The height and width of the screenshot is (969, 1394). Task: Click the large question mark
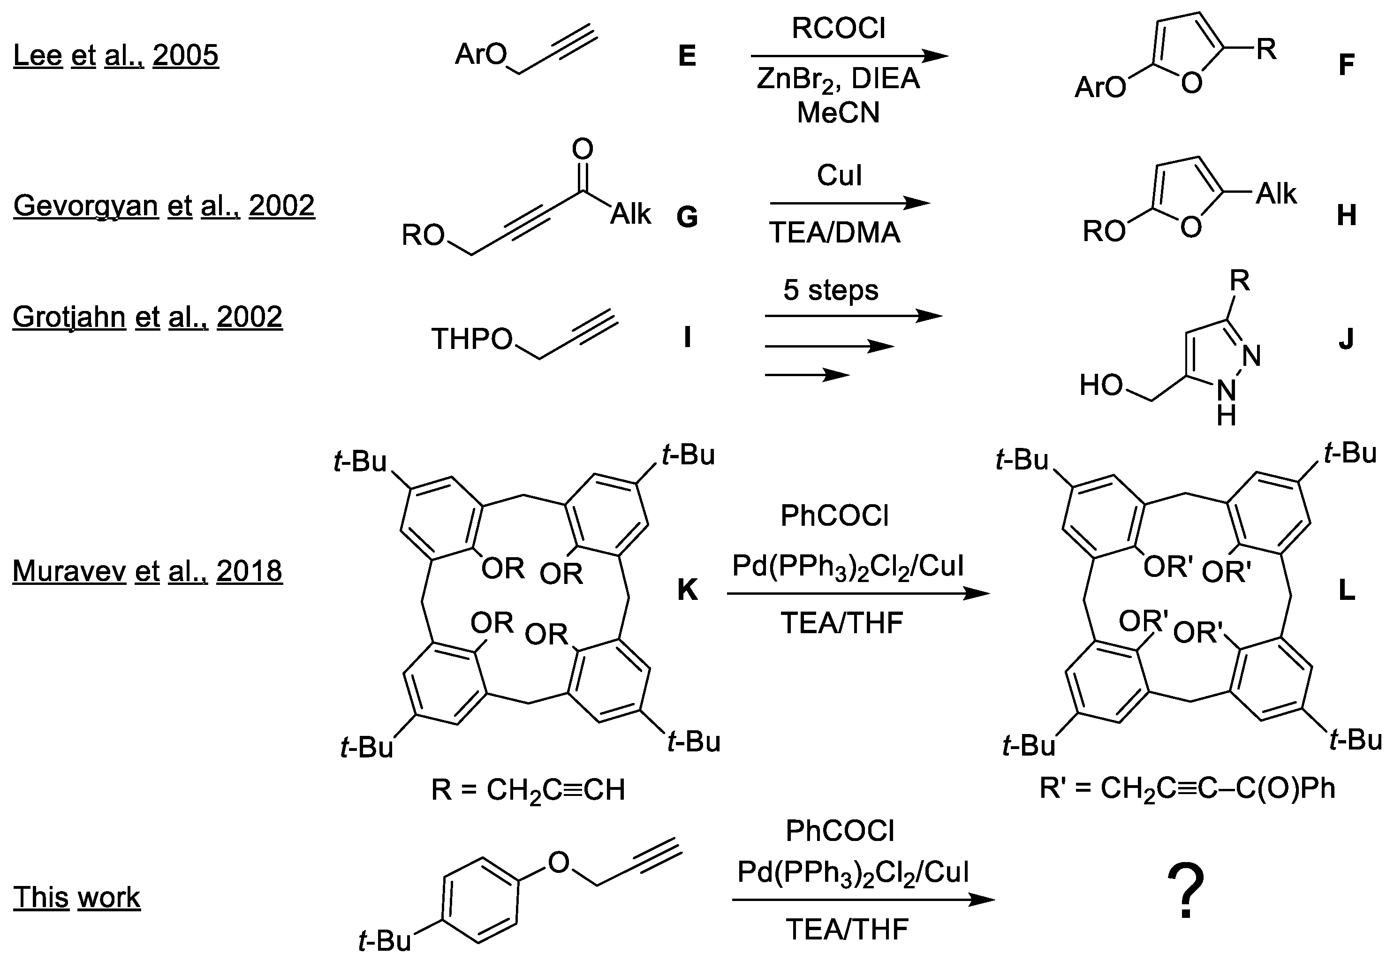(x=1185, y=891)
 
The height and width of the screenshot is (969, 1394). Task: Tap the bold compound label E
(x=687, y=56)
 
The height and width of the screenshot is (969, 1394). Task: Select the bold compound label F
(x=1346, y=66)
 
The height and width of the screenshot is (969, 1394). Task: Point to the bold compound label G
(x=687, y=217)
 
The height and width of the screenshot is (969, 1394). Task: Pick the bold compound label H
(x=1347, y=216)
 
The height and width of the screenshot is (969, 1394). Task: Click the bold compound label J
(x=1346, y=340)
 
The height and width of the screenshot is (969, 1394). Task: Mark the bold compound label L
(x=1347, y=590)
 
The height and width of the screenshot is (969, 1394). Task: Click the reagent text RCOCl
(x=839, y=29)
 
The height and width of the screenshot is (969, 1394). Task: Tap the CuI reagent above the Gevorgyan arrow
(x=839, y=175)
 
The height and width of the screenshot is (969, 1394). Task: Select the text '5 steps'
(x=831, y=290)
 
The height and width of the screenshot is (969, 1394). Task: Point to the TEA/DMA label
(x=835, y=233)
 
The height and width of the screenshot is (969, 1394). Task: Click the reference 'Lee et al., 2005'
(x=115, y=55)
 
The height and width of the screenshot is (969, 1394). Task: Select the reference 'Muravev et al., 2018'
(x=147, y=571)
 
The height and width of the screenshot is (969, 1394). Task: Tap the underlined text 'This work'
(x=76, y=897)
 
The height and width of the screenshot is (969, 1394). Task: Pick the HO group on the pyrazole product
(x=1101, y=385)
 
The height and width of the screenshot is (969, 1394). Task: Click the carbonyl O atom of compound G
(x=582, y=148)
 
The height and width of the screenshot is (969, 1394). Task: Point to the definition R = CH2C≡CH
(x=528, y=790)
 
